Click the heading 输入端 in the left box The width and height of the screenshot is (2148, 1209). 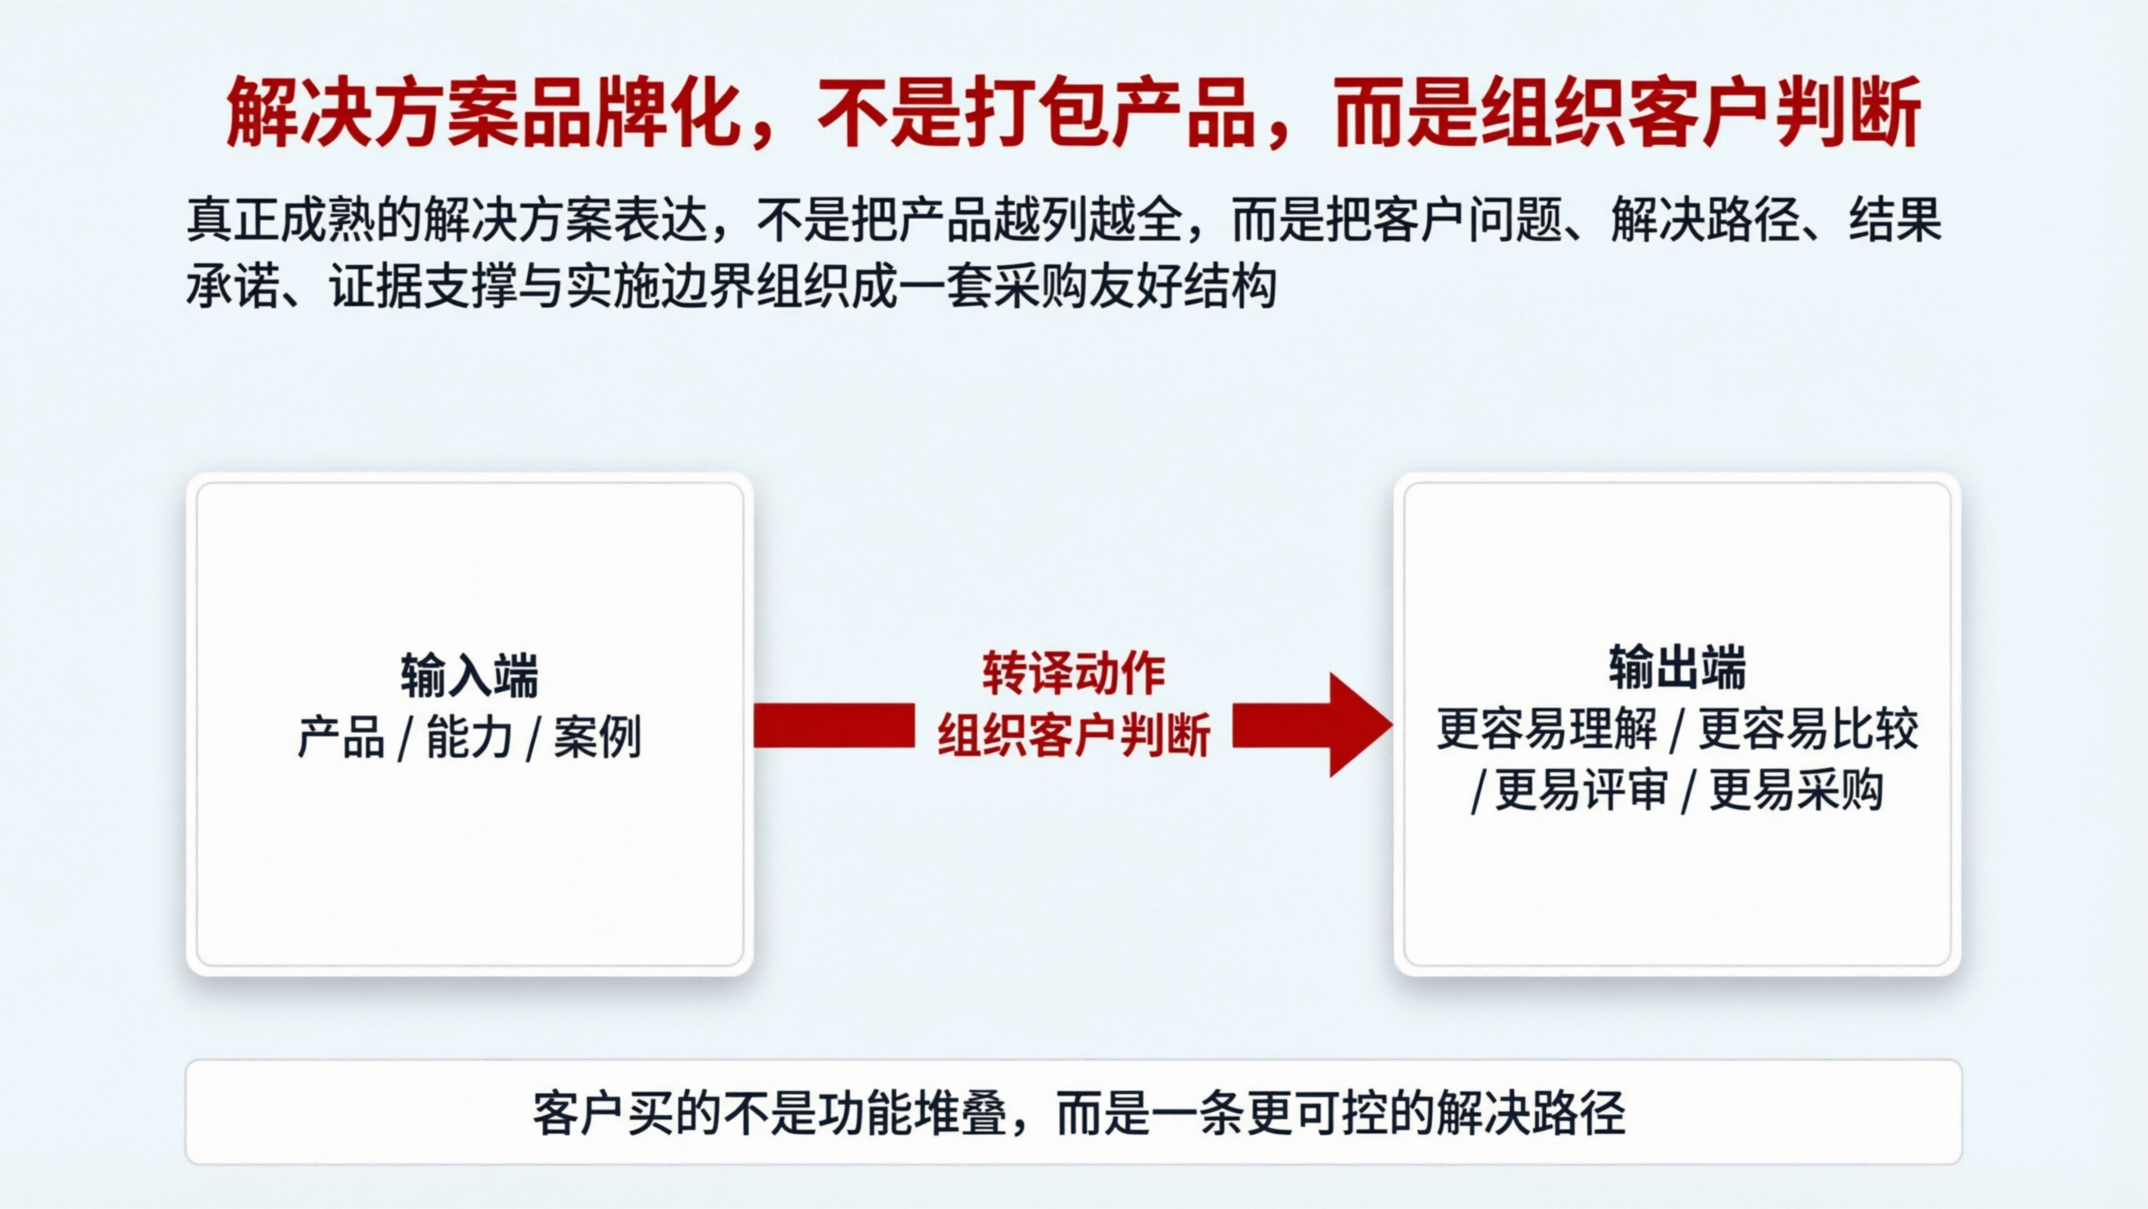coord(469,675)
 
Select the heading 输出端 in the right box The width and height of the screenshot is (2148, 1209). coord(1676,668)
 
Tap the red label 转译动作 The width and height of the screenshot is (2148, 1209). coord(1073,673)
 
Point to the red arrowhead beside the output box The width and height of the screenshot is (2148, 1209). coord(1357,725)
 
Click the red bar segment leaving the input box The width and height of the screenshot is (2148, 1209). coord(834,725)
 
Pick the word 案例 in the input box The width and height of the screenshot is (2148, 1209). coord(598,737)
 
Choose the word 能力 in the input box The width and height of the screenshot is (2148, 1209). coord(469,737)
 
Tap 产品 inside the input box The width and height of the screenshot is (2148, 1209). coord(341,737)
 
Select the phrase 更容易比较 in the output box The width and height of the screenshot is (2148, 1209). coord(1809,729)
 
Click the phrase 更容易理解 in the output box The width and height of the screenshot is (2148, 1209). coord(1547,729)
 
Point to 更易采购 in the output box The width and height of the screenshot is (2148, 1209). coord(1796,790)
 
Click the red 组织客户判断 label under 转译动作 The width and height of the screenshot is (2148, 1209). coord(1073,735)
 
